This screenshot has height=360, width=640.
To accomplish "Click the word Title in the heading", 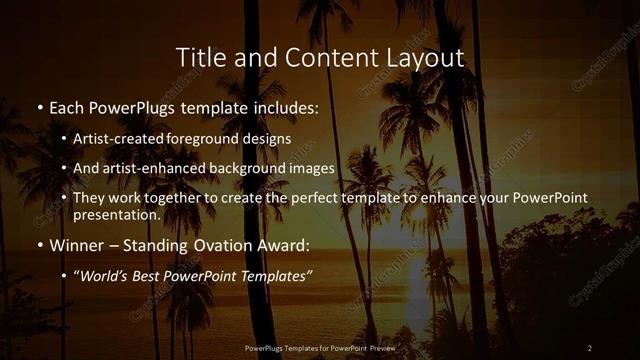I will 199,57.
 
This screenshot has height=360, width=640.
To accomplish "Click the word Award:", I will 283,244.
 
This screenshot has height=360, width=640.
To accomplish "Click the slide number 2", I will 590,347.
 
